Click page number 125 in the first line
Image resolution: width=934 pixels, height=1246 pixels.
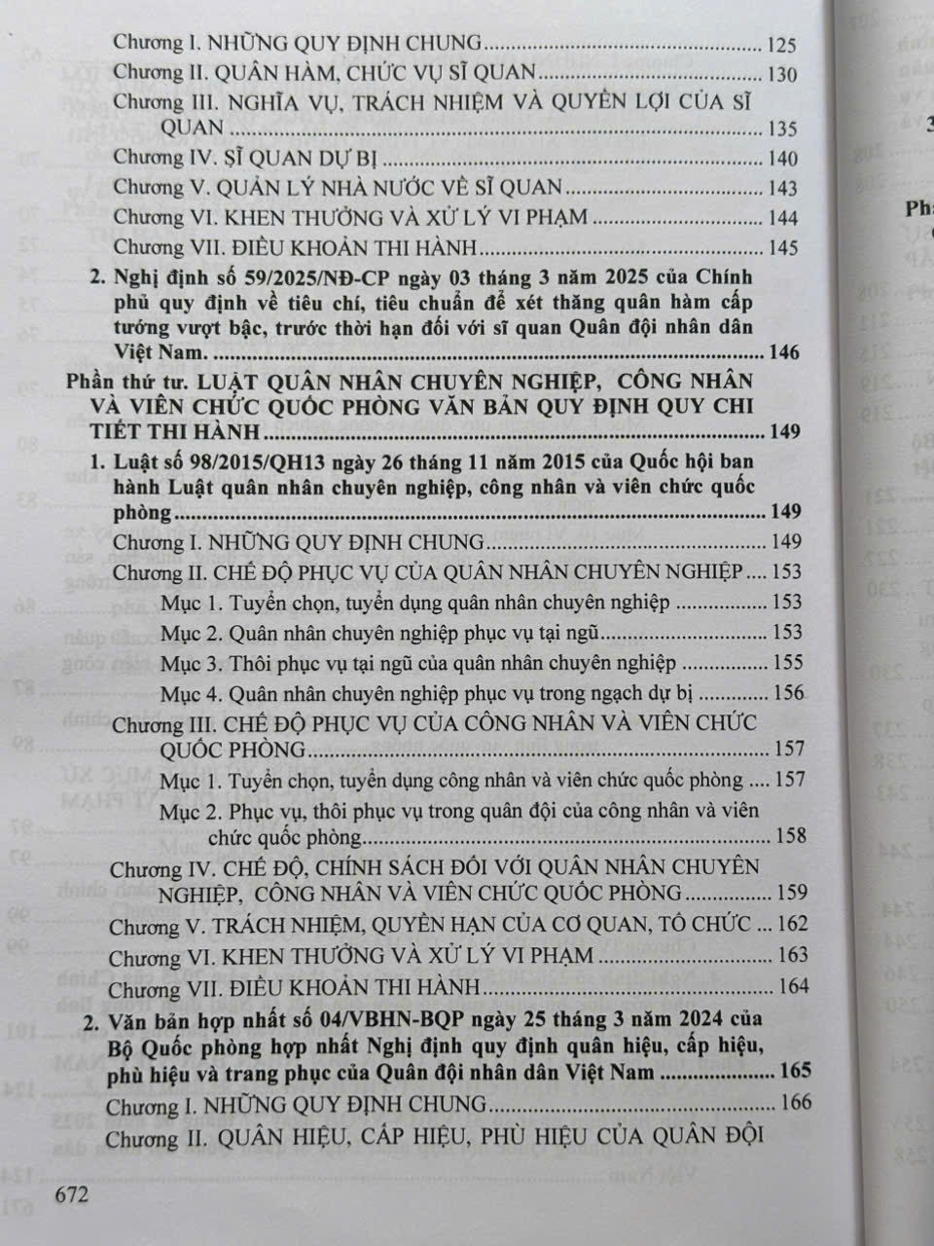(x=781, y=45)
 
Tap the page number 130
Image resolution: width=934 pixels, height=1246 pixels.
(x=781, y=75)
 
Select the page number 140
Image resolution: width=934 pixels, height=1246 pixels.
(x=782, y=159)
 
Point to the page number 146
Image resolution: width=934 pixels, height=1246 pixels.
(x=784, y=351)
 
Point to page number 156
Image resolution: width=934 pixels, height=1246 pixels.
(x=788, y=693)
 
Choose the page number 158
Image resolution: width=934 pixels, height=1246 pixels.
(x=790, y=836)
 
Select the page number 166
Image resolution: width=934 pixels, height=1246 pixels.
(x=794, y=1104)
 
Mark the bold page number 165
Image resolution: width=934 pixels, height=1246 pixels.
(x=795, y=1073)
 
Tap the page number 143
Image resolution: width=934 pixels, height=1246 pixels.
(x=782, y=189)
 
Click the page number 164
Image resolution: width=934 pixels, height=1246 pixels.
(x=793, y=986)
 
